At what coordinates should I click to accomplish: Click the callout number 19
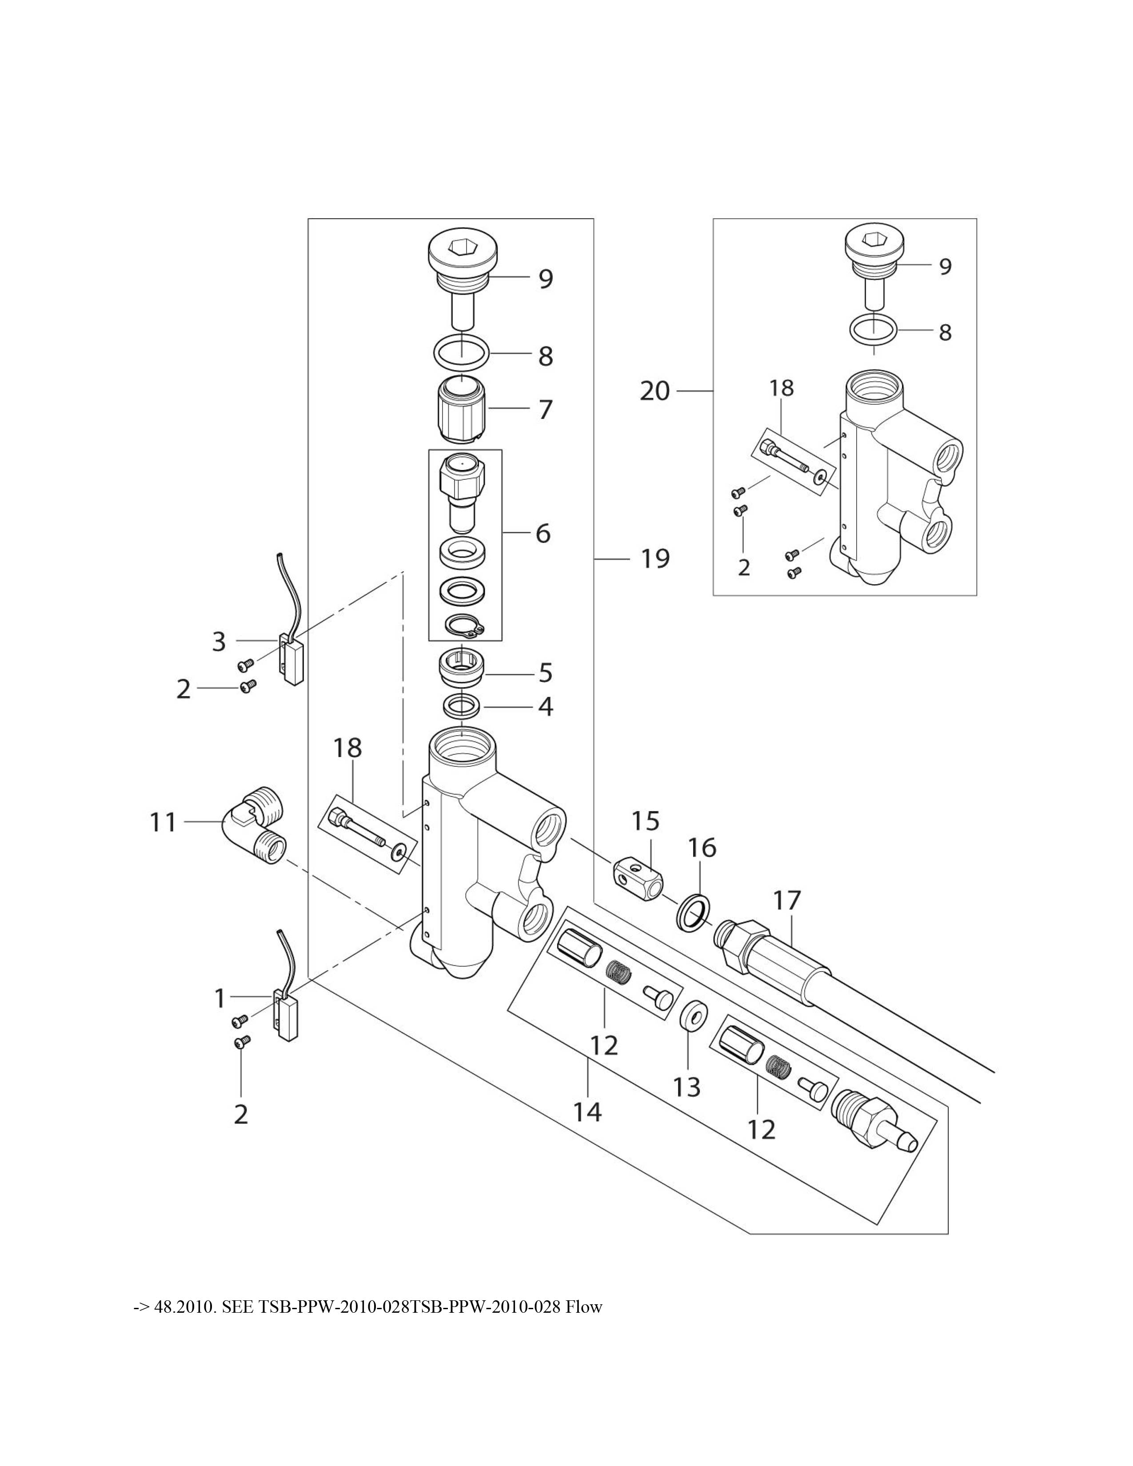pos(654,558)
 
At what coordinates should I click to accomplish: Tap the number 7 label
pos(546,410)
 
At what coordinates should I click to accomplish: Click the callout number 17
pos(787,900)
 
